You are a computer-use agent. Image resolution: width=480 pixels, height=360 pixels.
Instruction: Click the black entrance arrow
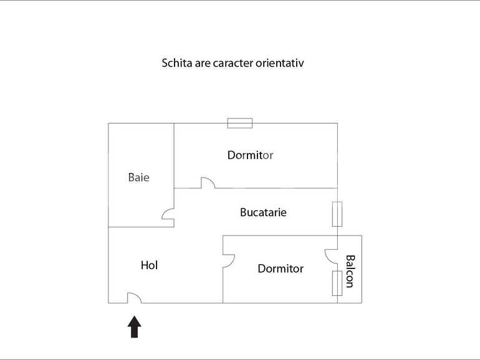coord(135,326)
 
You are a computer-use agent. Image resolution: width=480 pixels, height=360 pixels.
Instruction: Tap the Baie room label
coord(139,178)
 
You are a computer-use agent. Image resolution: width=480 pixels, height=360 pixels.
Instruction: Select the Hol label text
coord(150,265)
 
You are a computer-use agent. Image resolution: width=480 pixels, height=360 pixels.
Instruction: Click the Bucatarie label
coord(263,212)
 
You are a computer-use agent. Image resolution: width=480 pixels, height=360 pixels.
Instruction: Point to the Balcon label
coord(350,271)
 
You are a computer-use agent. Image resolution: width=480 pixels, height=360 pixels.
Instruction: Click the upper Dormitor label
coord(250,155)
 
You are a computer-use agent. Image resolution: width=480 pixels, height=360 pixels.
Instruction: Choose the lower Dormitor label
coord(281,268)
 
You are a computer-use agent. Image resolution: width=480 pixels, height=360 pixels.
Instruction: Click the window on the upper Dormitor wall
coord(240,123)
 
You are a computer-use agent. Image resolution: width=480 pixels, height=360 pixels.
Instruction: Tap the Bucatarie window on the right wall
coord(337,214)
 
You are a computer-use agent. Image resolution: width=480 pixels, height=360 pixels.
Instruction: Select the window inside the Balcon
coord(337,283)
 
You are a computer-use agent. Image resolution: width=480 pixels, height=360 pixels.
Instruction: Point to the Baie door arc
coord(168,214)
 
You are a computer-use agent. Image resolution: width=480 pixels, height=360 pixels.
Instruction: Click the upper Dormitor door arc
coord(208,182)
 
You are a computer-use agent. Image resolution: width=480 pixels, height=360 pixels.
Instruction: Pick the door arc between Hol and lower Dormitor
coord(229,259)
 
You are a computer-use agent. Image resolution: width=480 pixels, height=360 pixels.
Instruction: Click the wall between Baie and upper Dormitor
coord(174,156)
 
